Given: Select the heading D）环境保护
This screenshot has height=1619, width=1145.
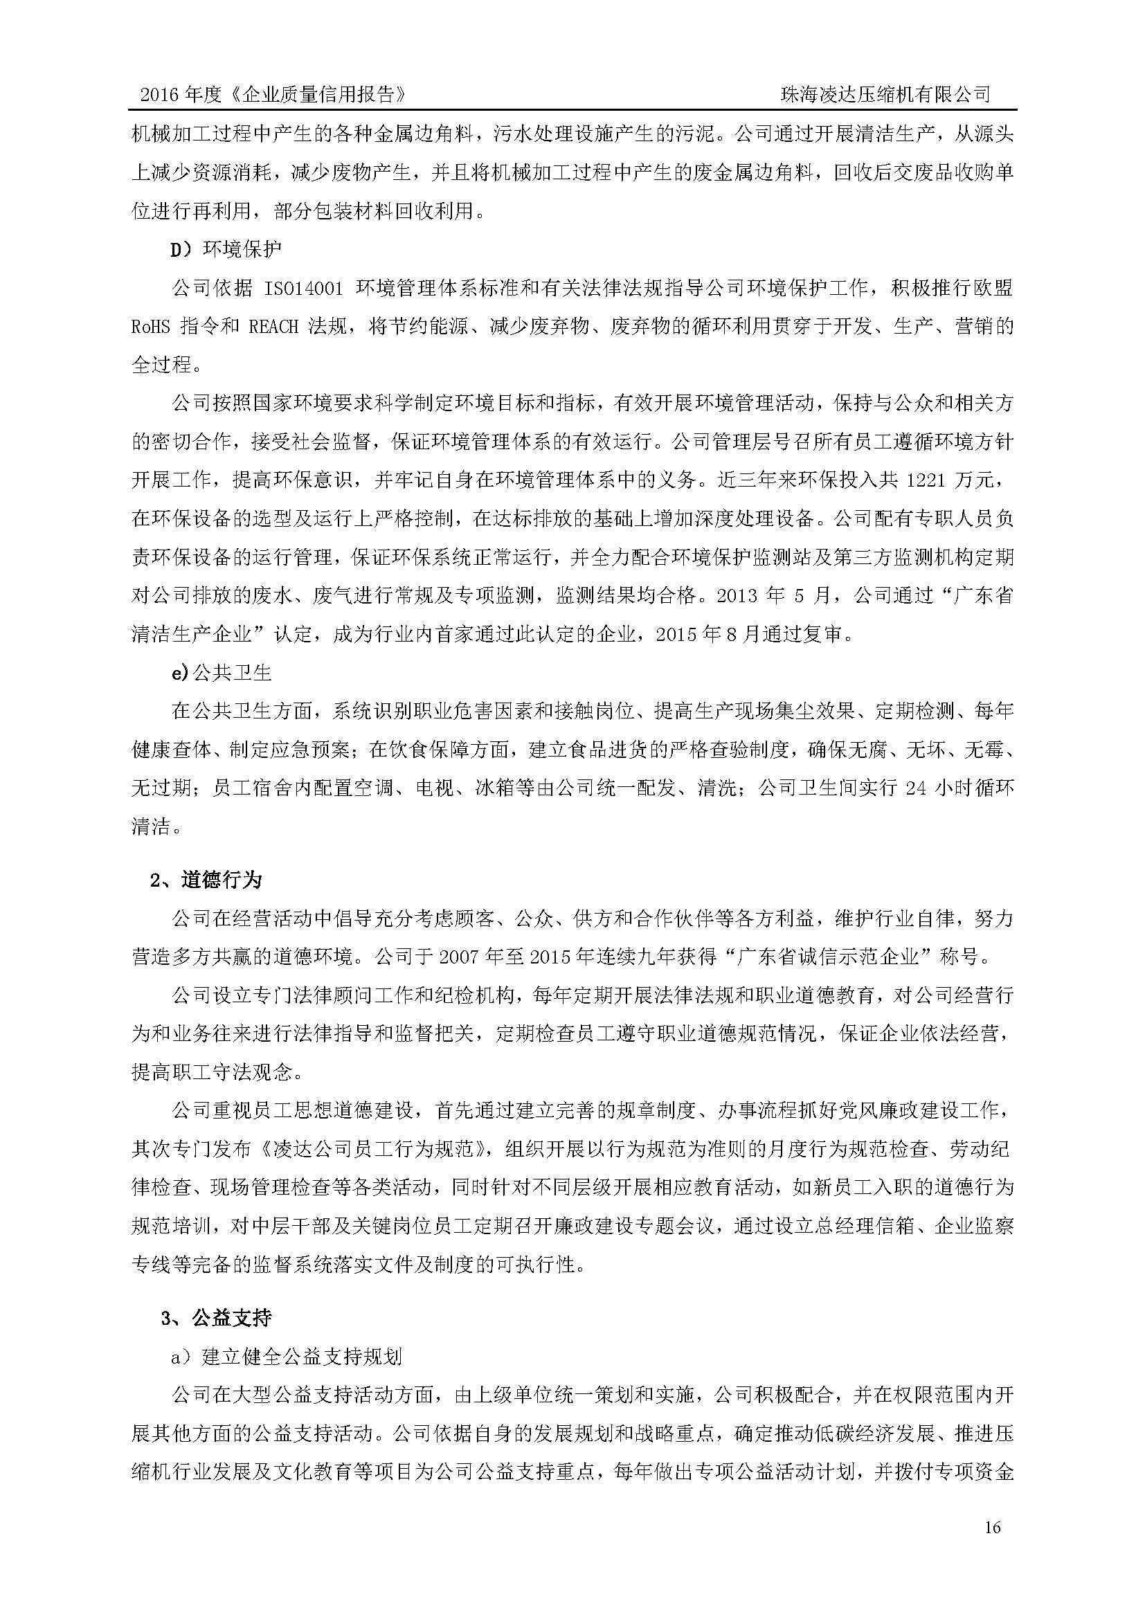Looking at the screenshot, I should pyautogui.click(x=226, y=249).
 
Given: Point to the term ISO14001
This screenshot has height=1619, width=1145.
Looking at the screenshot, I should pyautogui.click(x=303, y=288).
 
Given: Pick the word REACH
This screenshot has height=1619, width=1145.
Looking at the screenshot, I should pyautogui.click(x=273, y=327).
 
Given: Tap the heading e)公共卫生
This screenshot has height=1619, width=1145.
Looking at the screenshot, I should pyautogui.click(x=222, y=673).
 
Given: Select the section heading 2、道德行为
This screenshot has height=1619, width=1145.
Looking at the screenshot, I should pyautogui.click(x=206, y=880).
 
